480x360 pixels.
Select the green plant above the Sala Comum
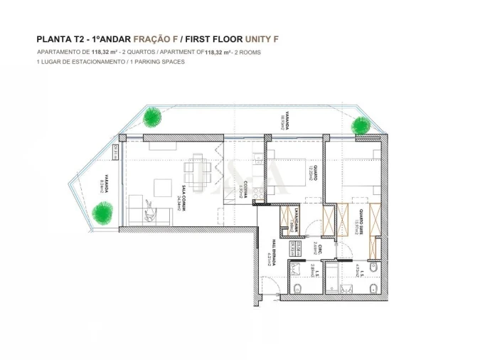[x=152, y=117]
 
